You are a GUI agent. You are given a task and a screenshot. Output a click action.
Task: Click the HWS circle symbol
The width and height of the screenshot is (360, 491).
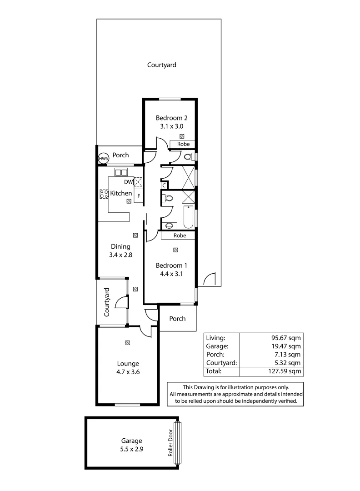coord(104,159)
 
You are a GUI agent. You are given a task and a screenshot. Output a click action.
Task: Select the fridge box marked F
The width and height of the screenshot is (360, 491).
coord(139,196)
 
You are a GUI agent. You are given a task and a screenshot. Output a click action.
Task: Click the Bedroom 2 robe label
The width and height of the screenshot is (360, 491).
coord(183,144)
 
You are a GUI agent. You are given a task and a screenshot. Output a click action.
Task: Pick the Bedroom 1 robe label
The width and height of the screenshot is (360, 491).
coord(180,235)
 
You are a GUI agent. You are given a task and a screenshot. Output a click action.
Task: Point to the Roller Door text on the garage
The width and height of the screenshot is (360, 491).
coord(171,443)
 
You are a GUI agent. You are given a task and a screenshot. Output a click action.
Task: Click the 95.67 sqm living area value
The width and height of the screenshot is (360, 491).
coord(286,338)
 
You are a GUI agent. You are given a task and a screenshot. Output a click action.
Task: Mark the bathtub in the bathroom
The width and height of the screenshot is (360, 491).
coord(188,217)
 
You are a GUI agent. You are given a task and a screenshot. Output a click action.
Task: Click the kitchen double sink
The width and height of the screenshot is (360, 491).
coord(121,172)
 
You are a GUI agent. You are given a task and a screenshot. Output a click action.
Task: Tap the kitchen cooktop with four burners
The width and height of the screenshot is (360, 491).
coord(104,194)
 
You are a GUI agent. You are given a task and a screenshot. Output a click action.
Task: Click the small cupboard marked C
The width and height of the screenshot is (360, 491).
coord(163,185)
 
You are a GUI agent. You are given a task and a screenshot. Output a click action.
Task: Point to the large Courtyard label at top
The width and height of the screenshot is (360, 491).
coord(161,65)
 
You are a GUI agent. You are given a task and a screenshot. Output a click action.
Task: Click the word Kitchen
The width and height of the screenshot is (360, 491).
coord(121,193)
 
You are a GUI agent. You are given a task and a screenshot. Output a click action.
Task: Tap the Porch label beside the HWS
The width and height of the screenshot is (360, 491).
coord(121,155)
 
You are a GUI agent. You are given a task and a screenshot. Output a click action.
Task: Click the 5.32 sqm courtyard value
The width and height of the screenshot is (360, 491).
coord(286,363)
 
